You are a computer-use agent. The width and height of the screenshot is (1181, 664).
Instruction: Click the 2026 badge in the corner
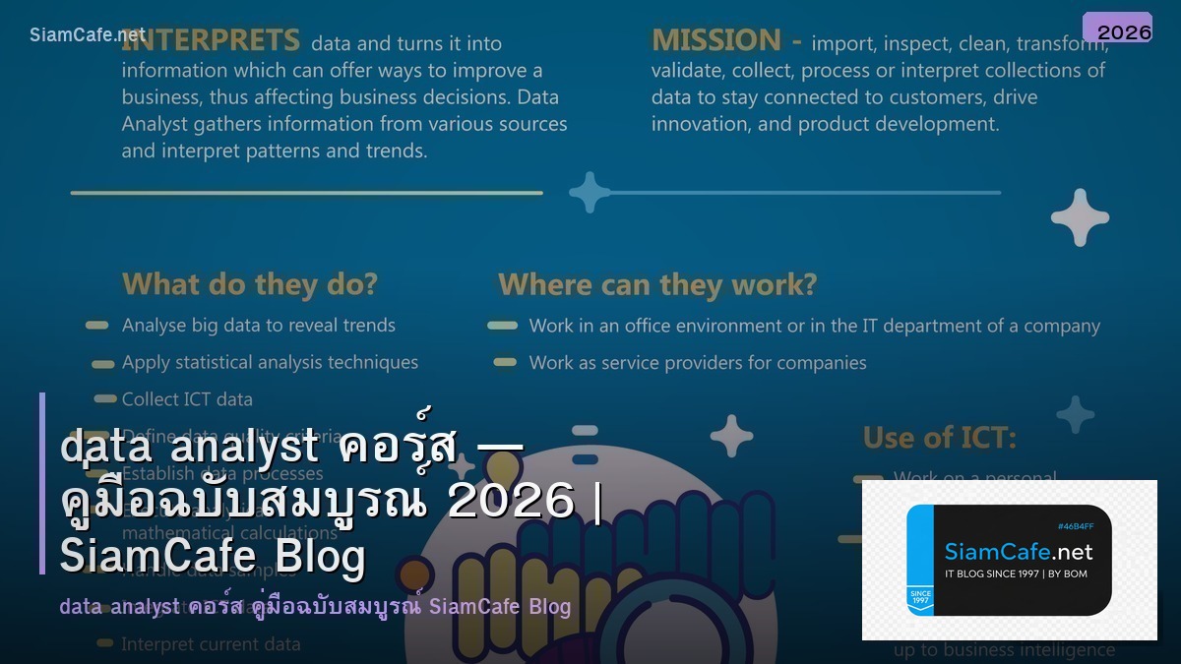pyautogui.click(x=1117, y=28)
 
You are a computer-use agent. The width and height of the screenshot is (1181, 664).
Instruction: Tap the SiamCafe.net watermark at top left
pyautogui.click(x=88, y=35)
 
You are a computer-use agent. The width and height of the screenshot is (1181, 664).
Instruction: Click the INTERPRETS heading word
pyautogui.click(x=211, y=40)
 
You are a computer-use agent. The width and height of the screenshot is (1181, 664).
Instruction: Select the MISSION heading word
pyautogui.click(x=715, y=40)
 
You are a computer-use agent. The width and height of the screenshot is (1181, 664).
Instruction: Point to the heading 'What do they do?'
pyautogui.click(x=250, y=284)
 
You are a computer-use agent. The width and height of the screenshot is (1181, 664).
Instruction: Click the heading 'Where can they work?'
pyautogui.click(x=657, y=284)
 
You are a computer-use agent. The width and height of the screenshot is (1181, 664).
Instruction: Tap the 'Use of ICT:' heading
pyautogui.click(x=939, y=437)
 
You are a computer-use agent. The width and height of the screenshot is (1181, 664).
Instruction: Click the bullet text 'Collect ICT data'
pyautogui.click(x=187, y=399)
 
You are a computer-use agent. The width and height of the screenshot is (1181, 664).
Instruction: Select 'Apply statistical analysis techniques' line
pyautogui.click(x=270, y=362)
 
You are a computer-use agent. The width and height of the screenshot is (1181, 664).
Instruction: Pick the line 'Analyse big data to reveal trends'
pyautogui.click(x=259, y=326)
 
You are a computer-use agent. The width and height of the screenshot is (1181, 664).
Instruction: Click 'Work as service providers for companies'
pyautogui.click(x=698, y=363)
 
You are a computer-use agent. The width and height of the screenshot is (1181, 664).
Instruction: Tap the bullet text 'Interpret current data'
pyautogui.click(x=211, y=645)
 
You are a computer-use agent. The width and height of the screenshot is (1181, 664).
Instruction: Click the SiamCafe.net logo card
pyautogui.click(x=1009, y=560)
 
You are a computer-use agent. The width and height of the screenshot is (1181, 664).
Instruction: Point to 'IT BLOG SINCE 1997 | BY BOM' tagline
pyautogui.click(x=1016, y=573)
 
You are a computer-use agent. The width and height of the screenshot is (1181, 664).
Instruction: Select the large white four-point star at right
pyautogui.click(x=1080, y=216)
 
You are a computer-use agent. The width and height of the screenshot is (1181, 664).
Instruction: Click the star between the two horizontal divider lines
pyautogui.click(x=590, y=193)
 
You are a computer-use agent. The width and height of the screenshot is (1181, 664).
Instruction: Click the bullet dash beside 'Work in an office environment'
pyautogui.click(x=502, y=326)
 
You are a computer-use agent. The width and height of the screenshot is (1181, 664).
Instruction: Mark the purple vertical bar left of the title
pyautogui.click(x=42, y=483)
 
